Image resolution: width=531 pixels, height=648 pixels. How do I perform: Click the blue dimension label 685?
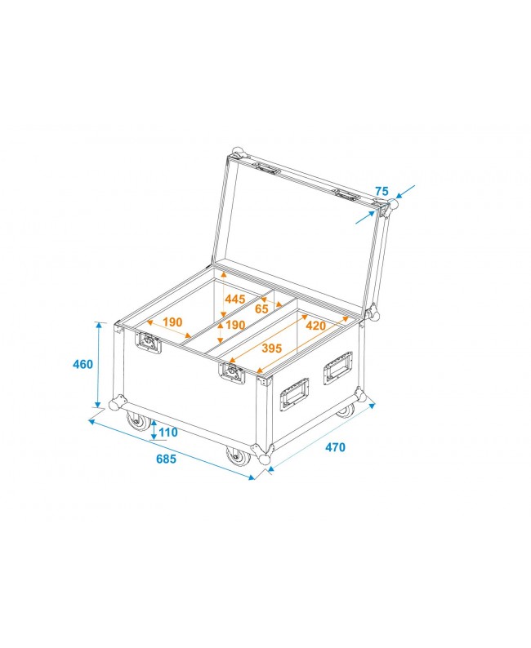click(166, 459)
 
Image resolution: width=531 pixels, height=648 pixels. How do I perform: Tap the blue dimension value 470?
click(335, 447)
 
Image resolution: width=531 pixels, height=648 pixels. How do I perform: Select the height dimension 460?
click(83, 365)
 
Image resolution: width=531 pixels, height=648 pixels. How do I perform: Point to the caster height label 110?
click(168, 432)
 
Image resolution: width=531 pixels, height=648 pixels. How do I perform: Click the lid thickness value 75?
click(382, 191)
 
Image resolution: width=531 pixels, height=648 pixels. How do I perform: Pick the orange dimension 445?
click(234, 300)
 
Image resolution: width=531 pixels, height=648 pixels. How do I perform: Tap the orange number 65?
click(261, 310)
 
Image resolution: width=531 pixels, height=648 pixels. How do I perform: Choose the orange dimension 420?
click(315, 326)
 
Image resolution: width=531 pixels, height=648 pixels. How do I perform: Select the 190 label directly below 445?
click(234, 326)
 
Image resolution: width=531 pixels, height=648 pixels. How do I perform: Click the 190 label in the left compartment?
click(172, 322)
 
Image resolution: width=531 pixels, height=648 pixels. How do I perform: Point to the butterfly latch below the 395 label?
click(231, 373)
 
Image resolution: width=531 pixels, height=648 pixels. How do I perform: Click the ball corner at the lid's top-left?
click(239, 152)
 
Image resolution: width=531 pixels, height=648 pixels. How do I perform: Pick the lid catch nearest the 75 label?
click(346, 195)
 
